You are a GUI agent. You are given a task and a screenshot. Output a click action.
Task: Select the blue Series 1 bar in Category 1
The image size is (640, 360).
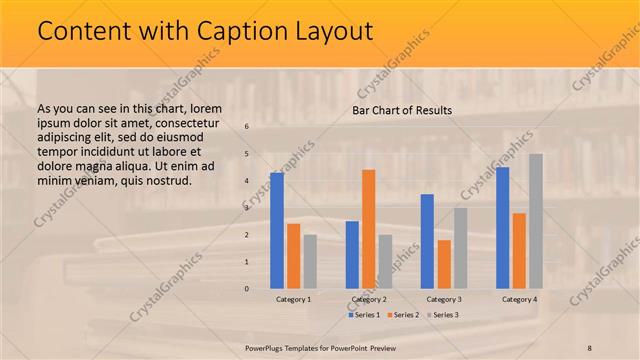[276, 230]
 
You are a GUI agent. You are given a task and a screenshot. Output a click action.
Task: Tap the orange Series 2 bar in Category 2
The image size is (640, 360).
[368, 228]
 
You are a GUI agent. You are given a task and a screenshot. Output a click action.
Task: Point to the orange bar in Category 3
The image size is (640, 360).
[444, 263]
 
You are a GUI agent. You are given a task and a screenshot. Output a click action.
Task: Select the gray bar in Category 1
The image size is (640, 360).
[310, 261]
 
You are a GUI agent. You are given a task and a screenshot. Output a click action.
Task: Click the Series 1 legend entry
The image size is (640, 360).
[364, 315]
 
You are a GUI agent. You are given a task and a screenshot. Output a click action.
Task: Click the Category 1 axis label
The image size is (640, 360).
[293, 299]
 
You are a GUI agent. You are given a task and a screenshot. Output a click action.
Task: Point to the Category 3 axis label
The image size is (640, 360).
[444, 299]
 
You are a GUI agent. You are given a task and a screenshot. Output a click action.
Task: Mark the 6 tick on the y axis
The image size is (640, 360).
[246, 127]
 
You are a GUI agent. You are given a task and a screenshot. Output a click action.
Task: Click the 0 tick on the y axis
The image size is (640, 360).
[246, 288]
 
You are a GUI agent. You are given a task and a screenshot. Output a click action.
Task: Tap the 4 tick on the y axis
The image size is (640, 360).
[246, 181]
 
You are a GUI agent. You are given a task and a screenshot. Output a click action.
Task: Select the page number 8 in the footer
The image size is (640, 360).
[590, 346]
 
